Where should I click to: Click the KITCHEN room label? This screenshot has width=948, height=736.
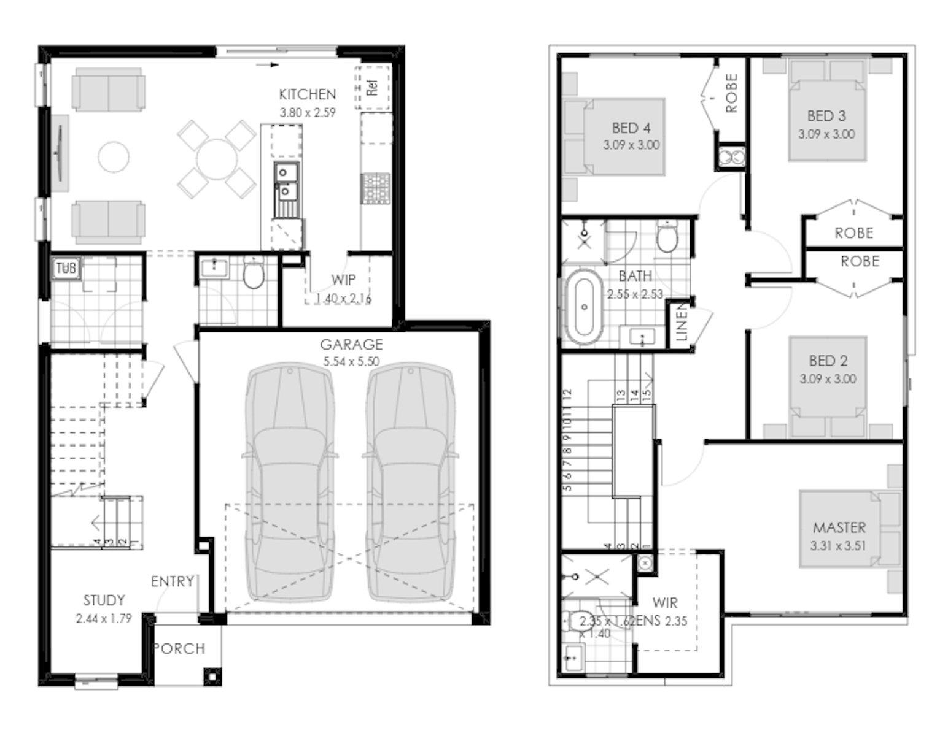tap(307, 94)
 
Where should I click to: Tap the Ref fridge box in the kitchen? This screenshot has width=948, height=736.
tap(372, 87)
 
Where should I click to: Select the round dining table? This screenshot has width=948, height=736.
tap(216, 159)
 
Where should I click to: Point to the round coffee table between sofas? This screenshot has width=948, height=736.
tap(114, 157)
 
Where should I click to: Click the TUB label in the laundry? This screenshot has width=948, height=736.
tap(66, 268)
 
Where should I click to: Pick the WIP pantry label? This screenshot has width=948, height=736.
tap(343, 280)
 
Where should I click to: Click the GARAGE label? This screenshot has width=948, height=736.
tap(351, 345)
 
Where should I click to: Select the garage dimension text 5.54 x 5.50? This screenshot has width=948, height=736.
tap(351, 362)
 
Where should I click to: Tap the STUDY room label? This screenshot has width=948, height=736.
tap(104, 600)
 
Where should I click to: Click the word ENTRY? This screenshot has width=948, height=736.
tap(173, 581)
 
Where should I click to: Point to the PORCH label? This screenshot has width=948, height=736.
tap(179, 649)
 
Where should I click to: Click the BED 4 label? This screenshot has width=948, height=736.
tap(631, 128)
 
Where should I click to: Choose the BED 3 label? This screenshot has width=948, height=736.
tap(826, 116)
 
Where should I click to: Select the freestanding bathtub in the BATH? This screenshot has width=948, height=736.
tap(584, 307)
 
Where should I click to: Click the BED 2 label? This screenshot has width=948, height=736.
tap(828, 361)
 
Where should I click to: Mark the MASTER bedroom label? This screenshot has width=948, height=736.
tap(839, 527)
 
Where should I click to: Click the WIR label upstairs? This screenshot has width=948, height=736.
tap(665, 603)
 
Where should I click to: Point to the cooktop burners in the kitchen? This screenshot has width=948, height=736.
tap(376, 188)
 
